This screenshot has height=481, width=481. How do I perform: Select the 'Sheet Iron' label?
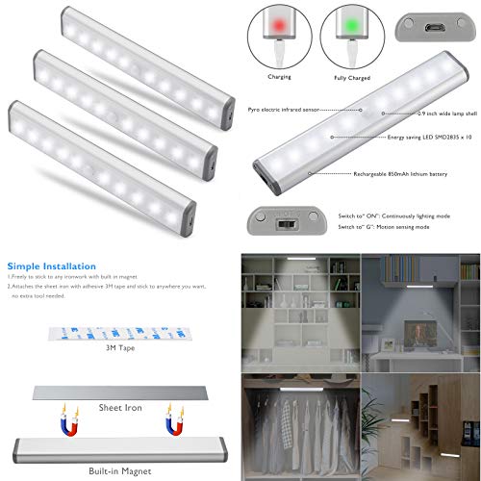point(120,408)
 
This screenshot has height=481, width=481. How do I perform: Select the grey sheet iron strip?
point(120,392)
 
